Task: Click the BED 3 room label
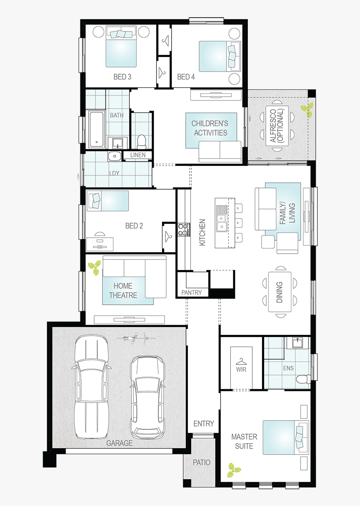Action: (122, 77)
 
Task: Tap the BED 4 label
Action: (186, 77)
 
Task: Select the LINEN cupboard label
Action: (138, 155)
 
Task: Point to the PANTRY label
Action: (192, 293)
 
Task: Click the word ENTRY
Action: (203, 423)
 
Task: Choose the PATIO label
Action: (202, 462)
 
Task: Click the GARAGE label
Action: (119, 443)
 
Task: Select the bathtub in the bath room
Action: (97, 128)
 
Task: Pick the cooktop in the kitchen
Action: (184, 230)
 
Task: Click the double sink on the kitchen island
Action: (221, 218)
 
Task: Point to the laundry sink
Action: (115, 156)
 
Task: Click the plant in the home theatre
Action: (94, 268)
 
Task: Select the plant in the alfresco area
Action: (307, 110)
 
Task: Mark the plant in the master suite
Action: (234, 470)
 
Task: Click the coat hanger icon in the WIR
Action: (241, 362)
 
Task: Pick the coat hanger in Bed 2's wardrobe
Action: (168, 236)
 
